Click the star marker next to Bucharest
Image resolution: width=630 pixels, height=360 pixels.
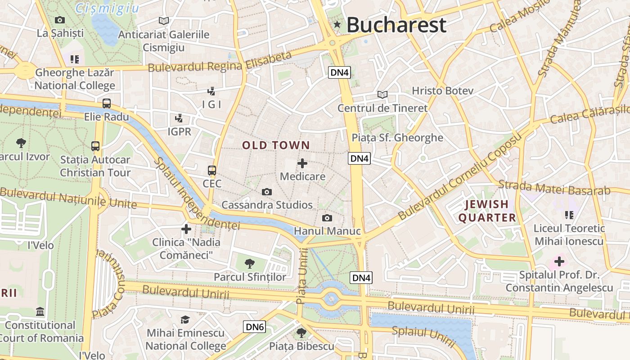click(337, 25)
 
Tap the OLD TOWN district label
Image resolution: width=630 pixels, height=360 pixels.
click(276, 145)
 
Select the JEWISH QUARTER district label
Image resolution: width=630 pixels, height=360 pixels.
click(487, 211)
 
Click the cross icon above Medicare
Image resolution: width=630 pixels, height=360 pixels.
click(302, 163)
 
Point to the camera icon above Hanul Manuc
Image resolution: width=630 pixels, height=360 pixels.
click(327, 218)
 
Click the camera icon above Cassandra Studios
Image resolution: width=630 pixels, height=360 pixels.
click(267, 192)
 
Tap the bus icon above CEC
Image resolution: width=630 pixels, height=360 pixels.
click(212, 171)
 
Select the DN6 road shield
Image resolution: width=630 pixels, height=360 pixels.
click(255, 327)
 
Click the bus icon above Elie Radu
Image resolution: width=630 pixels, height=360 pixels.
click(107, 103)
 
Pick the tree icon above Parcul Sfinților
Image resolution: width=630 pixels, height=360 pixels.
click(249, 264)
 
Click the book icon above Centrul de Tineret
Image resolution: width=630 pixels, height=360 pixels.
click(382, 95)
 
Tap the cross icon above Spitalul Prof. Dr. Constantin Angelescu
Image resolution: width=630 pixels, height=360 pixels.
click(559, 261)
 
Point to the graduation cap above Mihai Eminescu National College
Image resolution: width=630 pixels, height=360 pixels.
click(185, 320)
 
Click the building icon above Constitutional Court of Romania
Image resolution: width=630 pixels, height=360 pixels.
click(40, 311)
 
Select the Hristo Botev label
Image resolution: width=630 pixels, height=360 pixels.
click(443, 91)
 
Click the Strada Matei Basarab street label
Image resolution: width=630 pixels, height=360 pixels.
click(554, 188)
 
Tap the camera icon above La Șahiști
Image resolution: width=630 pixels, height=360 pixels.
click(60, 20)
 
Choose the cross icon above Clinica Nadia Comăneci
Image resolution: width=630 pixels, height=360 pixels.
click(186, 229)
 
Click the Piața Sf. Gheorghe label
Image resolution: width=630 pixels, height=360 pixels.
click(397, 138)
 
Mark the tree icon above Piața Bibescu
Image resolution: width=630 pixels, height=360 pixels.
click(301, 333)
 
